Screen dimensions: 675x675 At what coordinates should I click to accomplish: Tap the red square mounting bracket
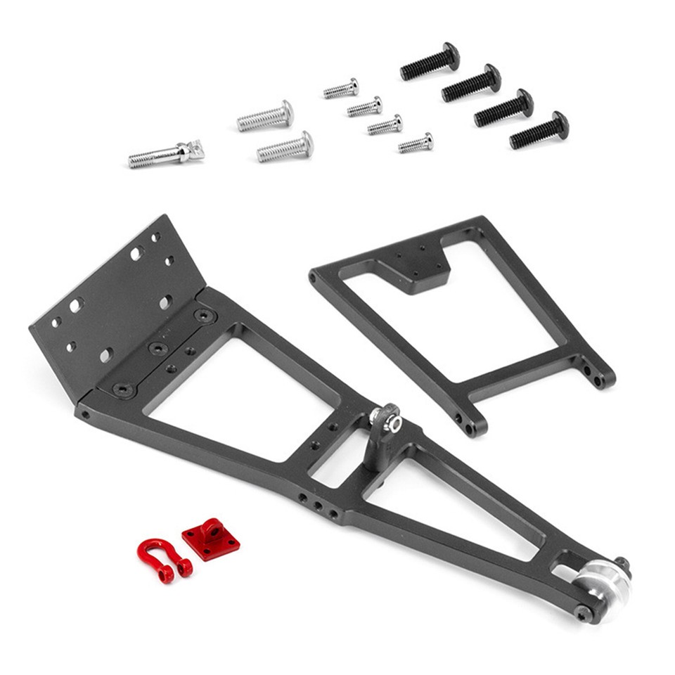[x=210, y=539]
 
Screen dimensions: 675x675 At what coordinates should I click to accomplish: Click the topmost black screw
[x=430, y=61]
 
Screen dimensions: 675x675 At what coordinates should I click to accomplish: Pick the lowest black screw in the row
[x=539, y=130]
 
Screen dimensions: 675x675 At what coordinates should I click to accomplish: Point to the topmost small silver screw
[x=341, y=89]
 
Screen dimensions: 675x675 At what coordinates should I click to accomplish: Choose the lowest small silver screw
[x=416, y=143]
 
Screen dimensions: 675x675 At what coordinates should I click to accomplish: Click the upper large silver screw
[x=265, y=115]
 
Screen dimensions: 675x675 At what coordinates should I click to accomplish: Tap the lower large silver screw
[x=285, y=147]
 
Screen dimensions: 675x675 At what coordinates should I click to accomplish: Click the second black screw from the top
[x=471, y=83]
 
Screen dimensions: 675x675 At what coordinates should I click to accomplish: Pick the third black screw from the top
[x=503, y=108]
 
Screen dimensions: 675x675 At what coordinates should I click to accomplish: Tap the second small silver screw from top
[x=364, y=107]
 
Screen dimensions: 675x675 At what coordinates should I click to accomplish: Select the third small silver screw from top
[x=385, y=125]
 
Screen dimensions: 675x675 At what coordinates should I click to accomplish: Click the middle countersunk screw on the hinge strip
[x=159, y=349]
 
